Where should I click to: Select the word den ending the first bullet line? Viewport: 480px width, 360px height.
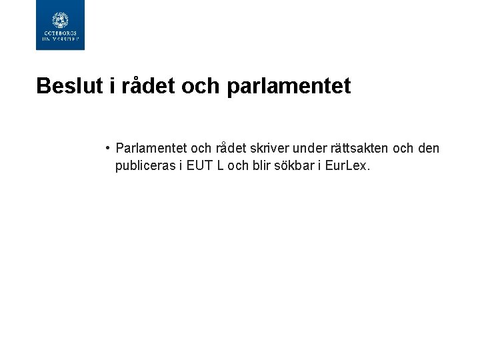(x=427, y=148)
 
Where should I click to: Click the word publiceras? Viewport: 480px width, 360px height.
(x=145, y=165)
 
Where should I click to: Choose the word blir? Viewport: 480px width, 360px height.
(x=262, y=165)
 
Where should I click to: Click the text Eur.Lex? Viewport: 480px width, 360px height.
(x=347, y=165)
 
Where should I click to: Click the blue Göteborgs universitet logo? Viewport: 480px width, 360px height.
(x=60, y=25)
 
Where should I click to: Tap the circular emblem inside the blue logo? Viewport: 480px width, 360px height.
(x=60, y=21)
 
